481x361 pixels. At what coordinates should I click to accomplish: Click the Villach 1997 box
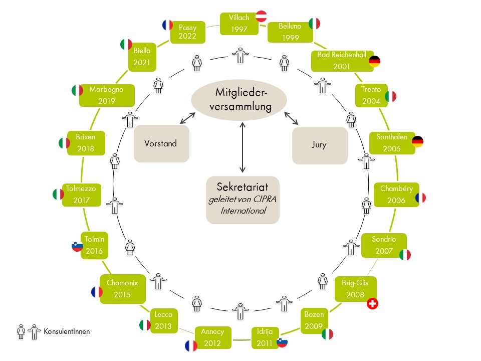tap(239, 23)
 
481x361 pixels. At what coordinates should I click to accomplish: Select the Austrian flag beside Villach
tap(262, 16)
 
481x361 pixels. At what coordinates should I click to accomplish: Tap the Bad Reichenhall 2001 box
tap(340, 61)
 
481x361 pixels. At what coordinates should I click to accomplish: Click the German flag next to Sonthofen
tap(417, 141)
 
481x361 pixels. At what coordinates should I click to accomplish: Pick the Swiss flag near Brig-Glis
tap(372, 303)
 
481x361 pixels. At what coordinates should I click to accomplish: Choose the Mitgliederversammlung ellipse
tap(239, 99)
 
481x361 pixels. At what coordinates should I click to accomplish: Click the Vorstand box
tap(161, 143)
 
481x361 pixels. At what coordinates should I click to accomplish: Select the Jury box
tap(319, 145)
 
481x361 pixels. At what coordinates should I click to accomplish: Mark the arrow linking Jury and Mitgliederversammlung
tap(292, 118)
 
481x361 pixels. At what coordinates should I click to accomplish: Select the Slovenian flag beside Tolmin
tap(77, 246)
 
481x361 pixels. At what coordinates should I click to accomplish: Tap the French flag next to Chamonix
tap(96, 292)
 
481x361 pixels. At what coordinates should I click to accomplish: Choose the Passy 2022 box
tap(187, 33)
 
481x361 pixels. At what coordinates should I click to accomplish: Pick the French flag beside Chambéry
tap(420, 198)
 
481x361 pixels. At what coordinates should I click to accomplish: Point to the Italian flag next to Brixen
tap(64, 143)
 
